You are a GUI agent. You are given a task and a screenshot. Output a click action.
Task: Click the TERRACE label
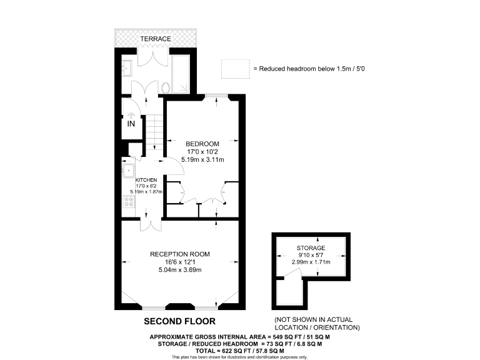pos(155,39)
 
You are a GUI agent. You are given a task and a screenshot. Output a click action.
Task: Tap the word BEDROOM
pos(202,142)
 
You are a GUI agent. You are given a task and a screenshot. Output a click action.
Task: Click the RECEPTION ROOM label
pos(179,254)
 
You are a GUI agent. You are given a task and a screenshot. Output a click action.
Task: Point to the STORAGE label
pos(311,248)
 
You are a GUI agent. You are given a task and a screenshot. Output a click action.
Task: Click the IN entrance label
pos(131,124)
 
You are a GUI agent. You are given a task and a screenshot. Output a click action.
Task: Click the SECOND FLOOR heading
pos(179,321)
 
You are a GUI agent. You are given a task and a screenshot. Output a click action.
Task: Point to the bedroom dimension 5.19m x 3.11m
pos(202,159)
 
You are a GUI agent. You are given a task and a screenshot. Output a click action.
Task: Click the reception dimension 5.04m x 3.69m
pos(179,270)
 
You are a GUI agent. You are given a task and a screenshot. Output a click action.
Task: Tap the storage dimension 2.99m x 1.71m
pos(311,262)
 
